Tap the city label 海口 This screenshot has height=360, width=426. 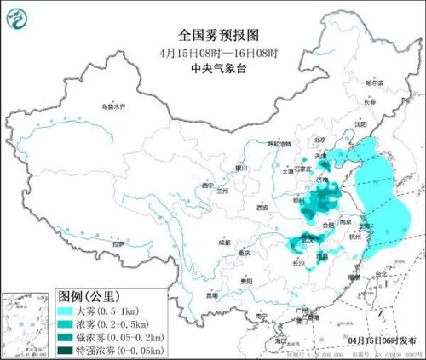coord(279,340)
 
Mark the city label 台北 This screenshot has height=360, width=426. coord(370,275)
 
